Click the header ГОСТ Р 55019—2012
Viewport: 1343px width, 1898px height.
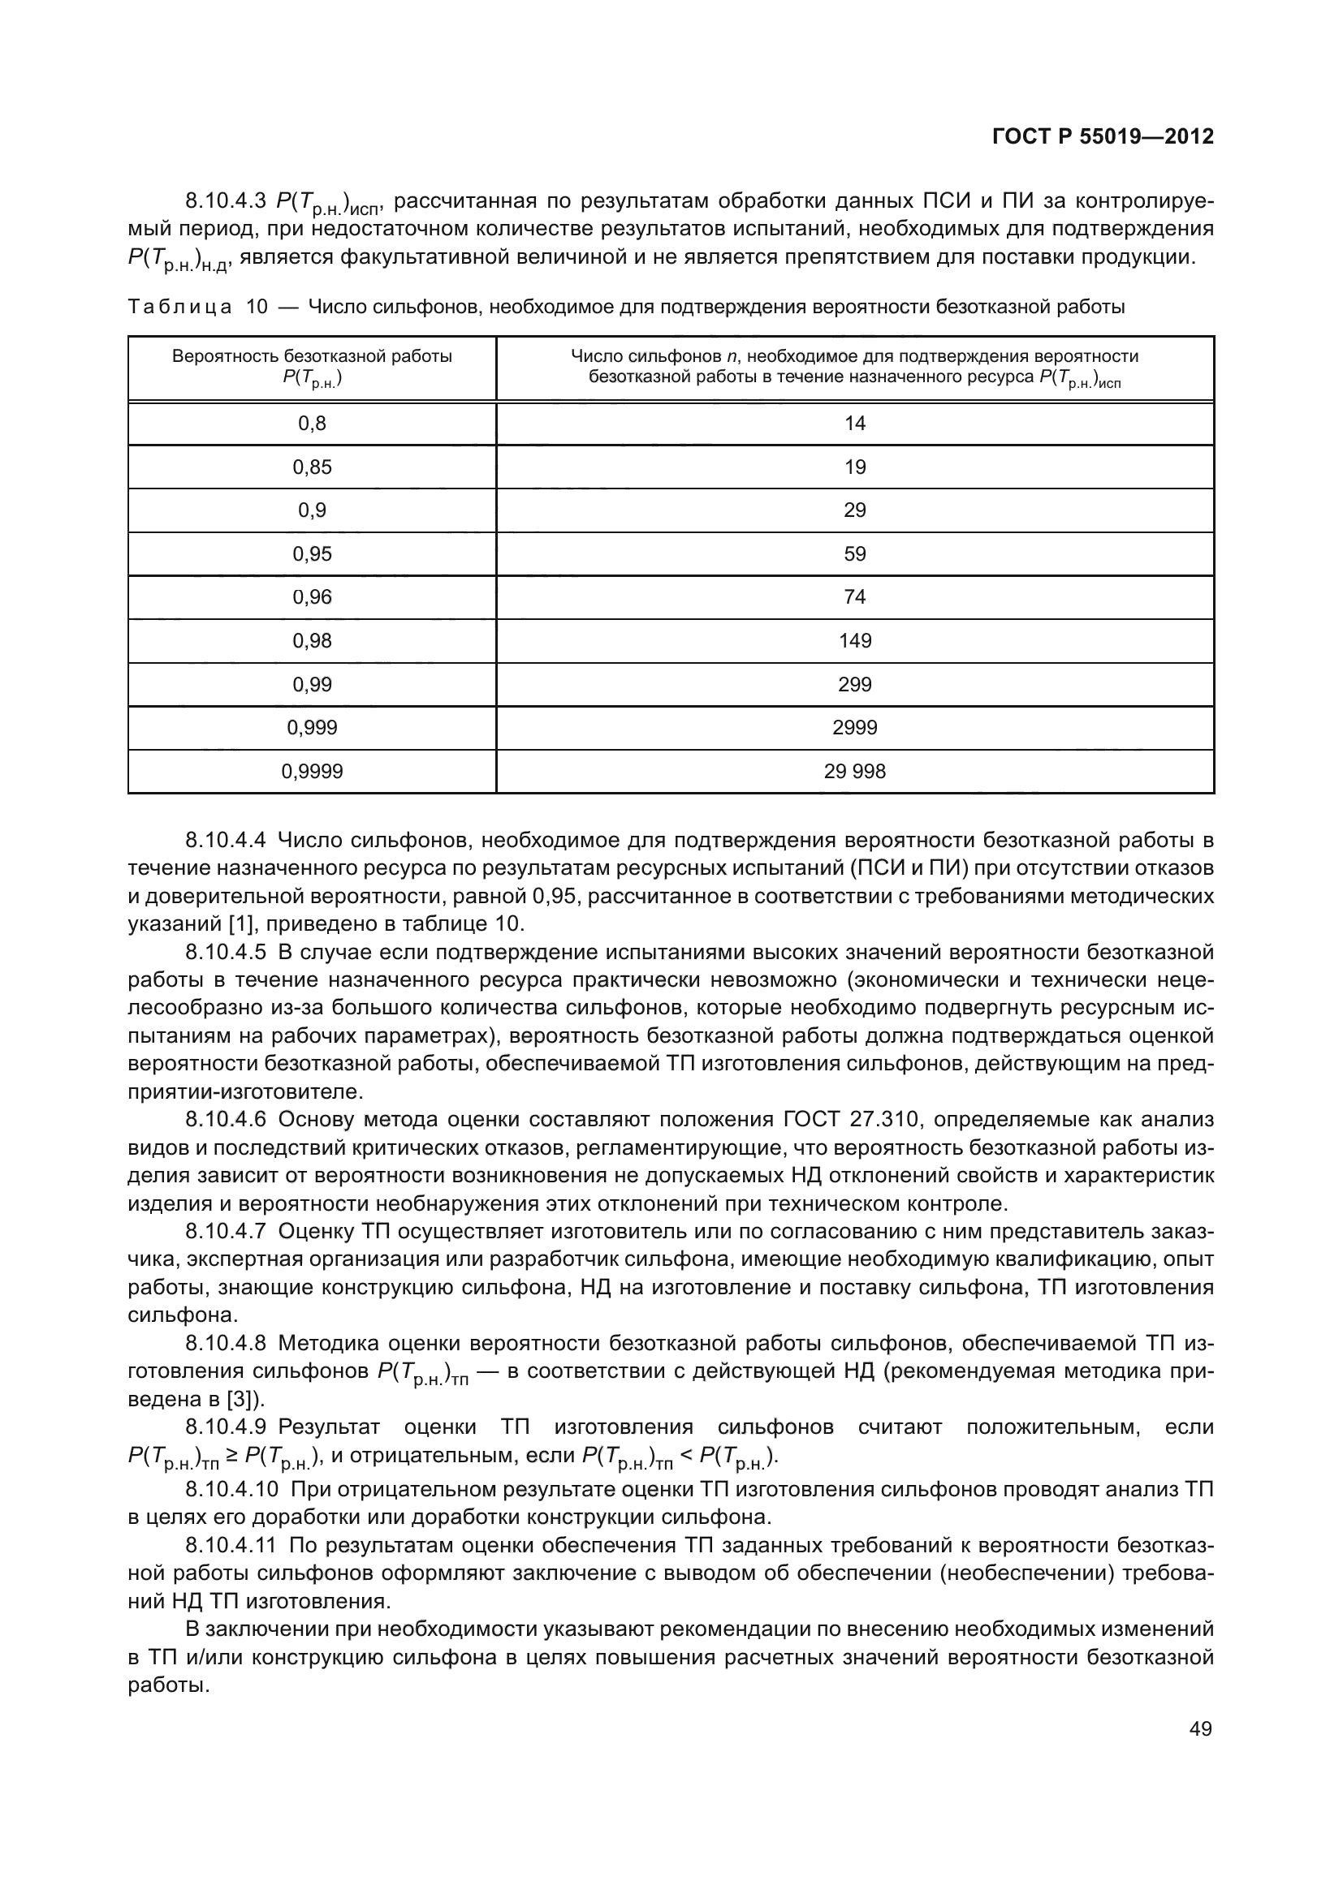click(1102, 136)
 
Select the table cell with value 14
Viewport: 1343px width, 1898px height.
click(854, 424)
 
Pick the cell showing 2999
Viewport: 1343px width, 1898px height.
click(854, 727)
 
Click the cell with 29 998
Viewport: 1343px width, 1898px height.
click(854, 771)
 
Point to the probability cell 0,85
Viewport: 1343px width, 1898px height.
click(312, 467)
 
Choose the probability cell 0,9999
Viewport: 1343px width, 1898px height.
click(312, 771)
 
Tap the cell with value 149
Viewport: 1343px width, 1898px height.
click(854, 641)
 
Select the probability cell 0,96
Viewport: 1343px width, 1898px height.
click(312, 597)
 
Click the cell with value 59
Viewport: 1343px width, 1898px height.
click(854, 554)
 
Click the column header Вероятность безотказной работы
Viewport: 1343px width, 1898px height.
click(312, 357)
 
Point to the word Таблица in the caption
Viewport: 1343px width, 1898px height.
click(179, 308)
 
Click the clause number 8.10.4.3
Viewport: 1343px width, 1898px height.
click(225, 201)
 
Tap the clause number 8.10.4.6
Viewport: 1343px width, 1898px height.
click(225, 1120)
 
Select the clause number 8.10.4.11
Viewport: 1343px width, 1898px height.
click(231, 1545)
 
